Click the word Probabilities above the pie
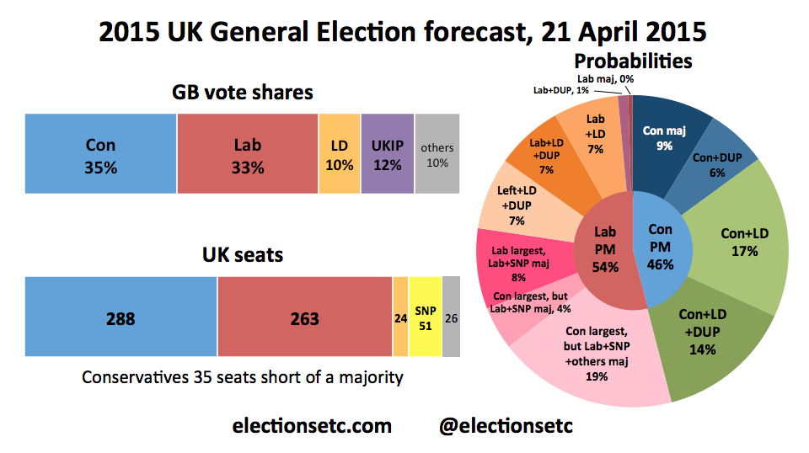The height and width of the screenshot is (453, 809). click(x=633, y=61)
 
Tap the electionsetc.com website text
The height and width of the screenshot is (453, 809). click(x=312, y=426)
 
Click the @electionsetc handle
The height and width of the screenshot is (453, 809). click(x=506, y=426)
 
